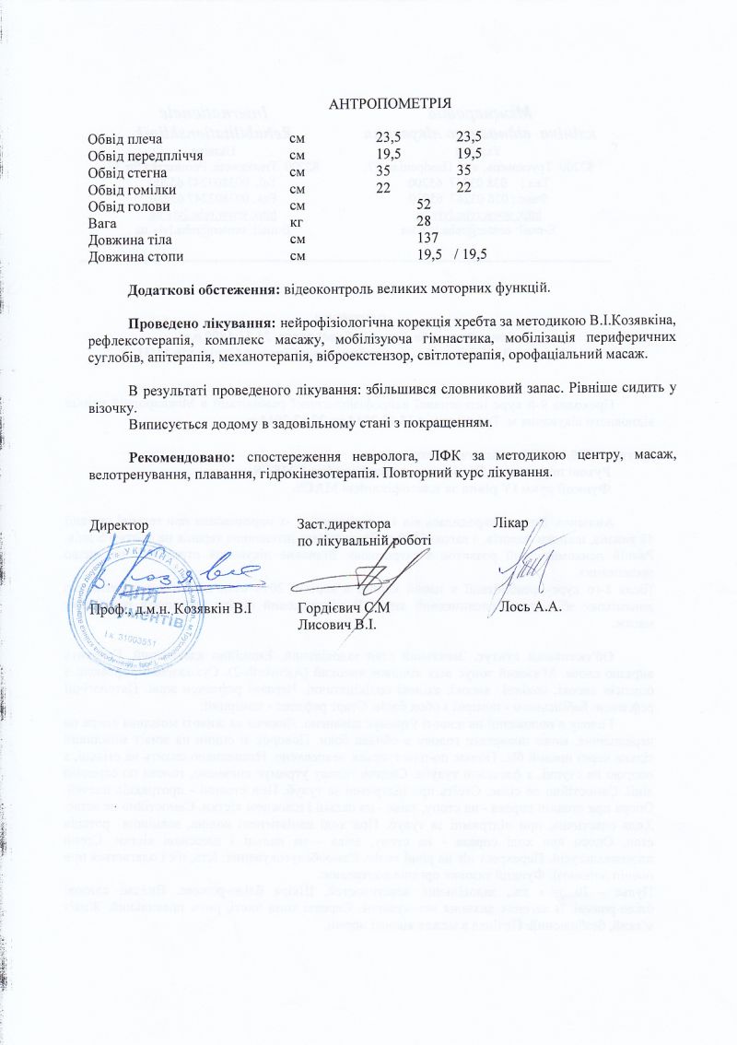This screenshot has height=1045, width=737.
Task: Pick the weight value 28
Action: point(425,222)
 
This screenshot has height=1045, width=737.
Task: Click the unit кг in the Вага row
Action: point(297,222)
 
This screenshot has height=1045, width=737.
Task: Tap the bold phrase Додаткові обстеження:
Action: point(204,288)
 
